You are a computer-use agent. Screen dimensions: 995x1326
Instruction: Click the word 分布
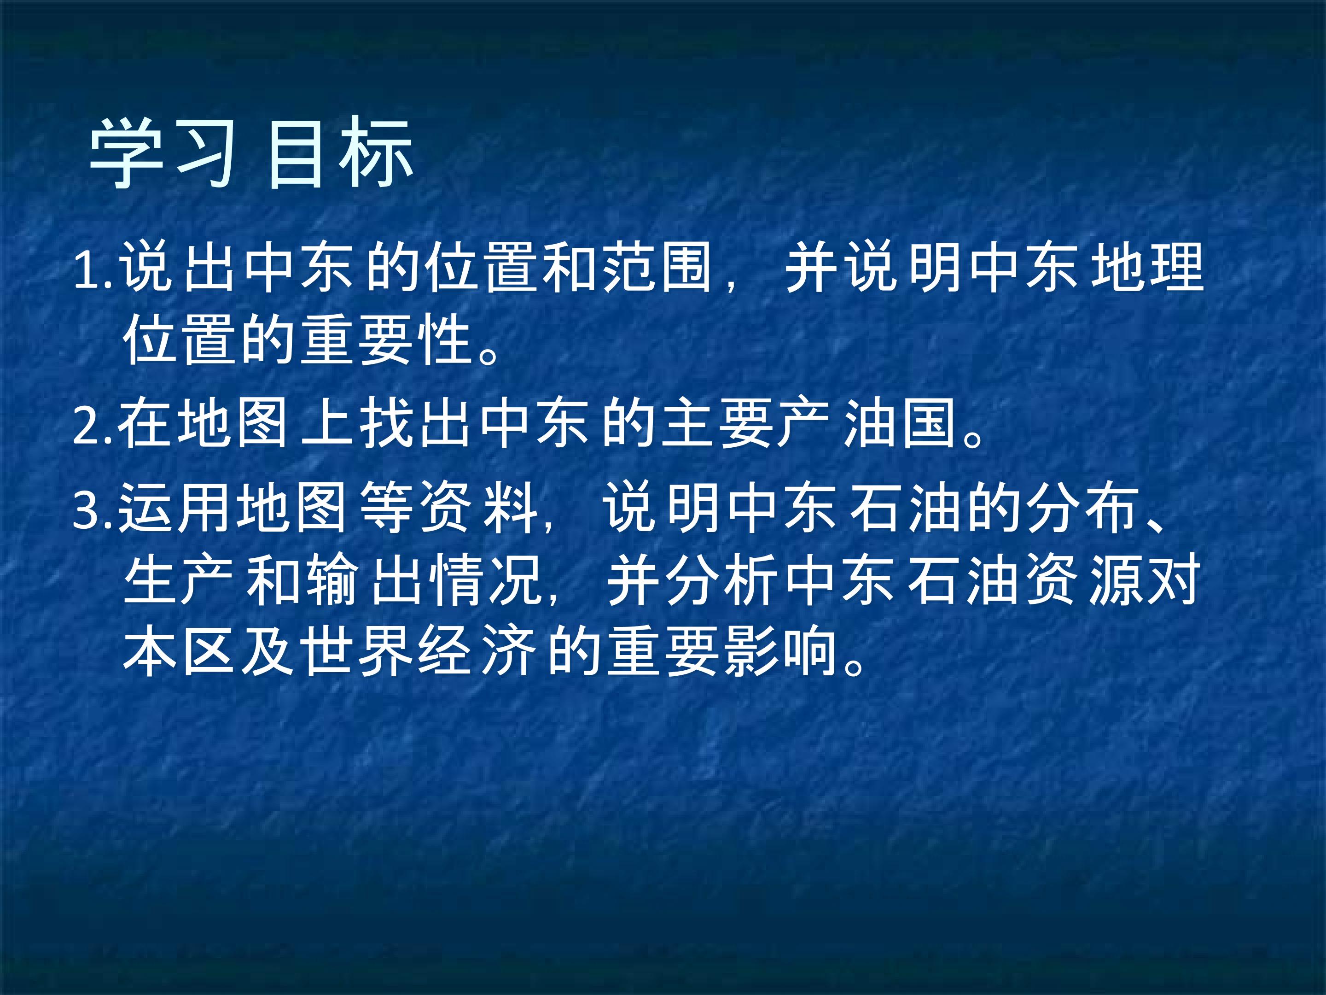1082,508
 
